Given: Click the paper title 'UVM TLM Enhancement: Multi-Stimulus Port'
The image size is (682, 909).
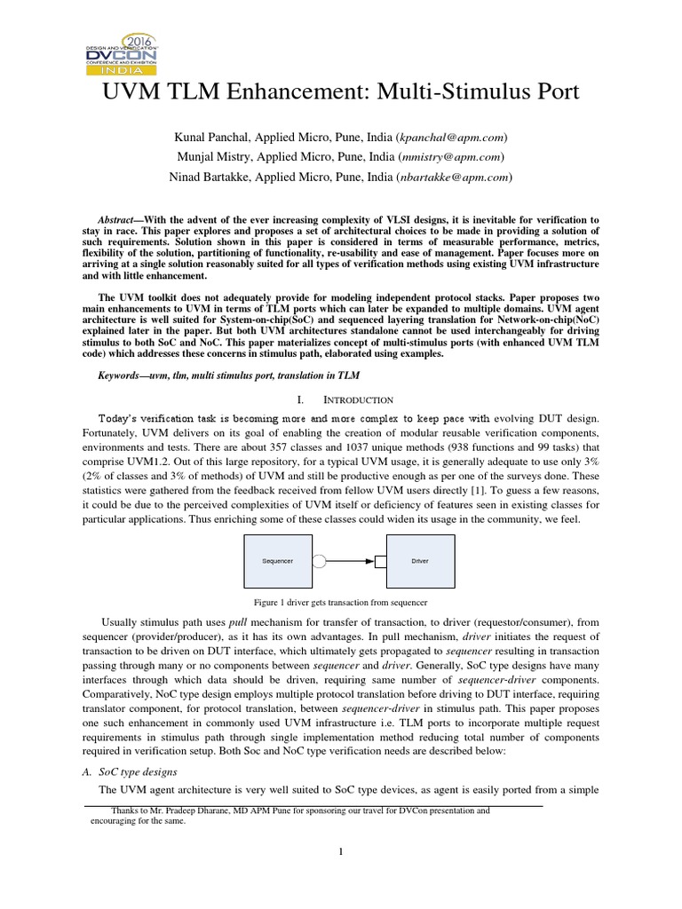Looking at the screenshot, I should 340,92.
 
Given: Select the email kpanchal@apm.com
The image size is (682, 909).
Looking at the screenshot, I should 452,138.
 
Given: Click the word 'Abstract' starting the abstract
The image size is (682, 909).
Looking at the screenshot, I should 118,219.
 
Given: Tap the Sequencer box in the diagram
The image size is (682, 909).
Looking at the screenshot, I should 278,562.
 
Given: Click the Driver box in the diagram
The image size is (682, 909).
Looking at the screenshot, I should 420,562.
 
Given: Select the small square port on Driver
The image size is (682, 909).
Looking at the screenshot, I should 380,562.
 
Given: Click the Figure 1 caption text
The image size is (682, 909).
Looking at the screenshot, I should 341,602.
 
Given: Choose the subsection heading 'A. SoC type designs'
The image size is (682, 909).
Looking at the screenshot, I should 125,771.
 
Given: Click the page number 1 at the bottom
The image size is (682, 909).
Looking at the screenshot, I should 340,853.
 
